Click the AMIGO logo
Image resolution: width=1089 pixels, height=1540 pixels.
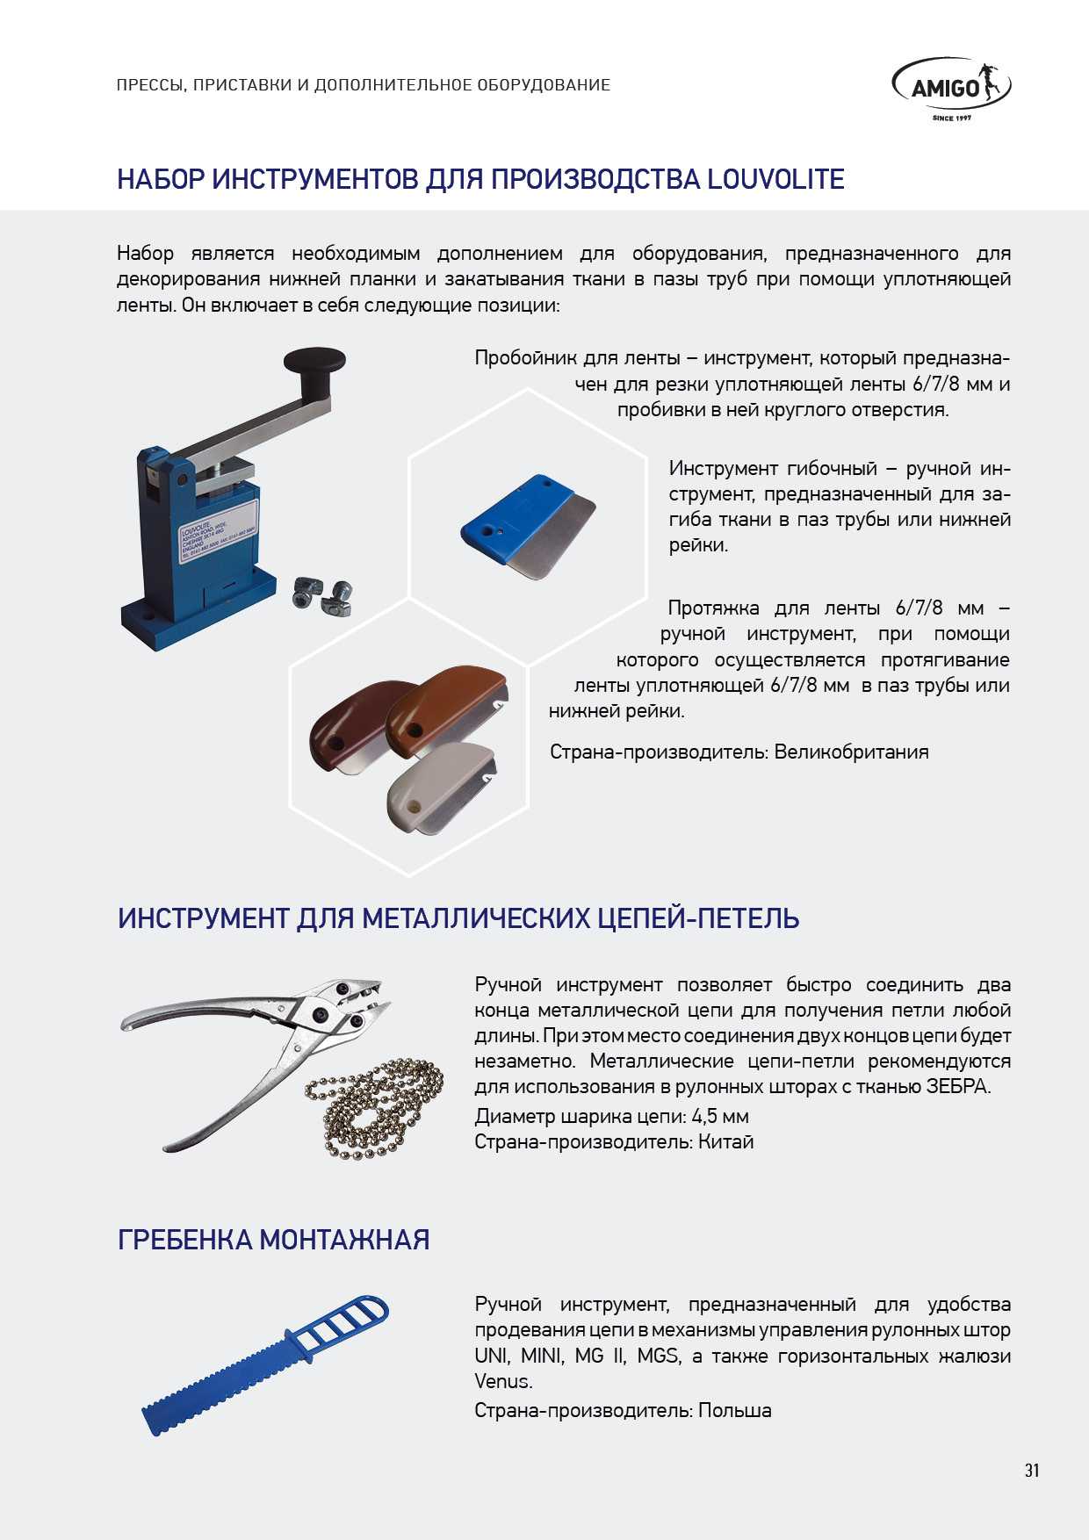pos(951,88)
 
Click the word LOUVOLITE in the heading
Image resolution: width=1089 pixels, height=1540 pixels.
pos(775,179)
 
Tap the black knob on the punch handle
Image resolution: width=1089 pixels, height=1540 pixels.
pos(314,361)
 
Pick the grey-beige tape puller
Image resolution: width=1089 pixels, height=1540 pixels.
pos(439,787)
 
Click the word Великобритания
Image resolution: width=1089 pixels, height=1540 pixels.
pos(851,752)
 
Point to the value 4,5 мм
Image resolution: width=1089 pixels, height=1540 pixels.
pos(720,1116)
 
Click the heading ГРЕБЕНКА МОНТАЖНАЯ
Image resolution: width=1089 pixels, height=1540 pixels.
pos(273,1240)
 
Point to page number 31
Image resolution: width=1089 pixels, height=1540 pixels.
pos(1032,1470)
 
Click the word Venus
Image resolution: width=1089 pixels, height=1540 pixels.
pos(502,1381)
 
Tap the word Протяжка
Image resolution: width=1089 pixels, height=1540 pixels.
pos(712,608)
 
